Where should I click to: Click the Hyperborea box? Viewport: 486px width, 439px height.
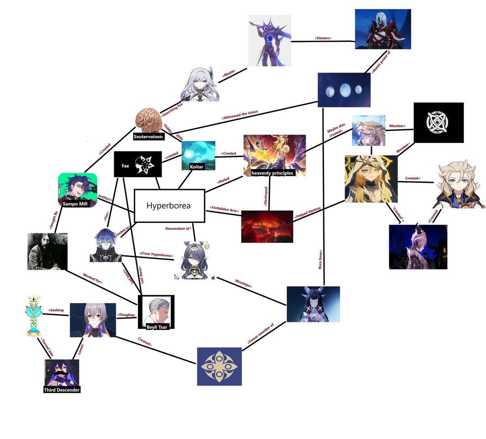click(168, 206)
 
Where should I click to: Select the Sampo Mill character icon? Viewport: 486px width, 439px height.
click(77, 189)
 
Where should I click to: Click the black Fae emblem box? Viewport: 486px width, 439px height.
click(138, 164)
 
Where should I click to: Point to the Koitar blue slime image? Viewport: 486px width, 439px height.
click(198, 155)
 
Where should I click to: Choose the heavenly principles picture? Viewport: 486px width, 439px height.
click(274, 156)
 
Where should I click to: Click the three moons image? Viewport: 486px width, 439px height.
click(344, 90)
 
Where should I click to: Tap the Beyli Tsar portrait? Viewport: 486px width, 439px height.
click(156, 311)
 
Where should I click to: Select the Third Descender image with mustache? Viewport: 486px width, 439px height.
click(62, 375)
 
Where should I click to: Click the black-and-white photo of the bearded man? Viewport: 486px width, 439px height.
click(47, 251)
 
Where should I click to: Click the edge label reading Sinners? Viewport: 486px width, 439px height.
click(322, 38)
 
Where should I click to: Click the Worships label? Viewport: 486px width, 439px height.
click(243, 283)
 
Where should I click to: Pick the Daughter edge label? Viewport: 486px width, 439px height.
click(126, 315)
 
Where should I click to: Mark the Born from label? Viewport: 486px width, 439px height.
click(320, 259)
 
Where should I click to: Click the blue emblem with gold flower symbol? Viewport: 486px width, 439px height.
click(219, 366)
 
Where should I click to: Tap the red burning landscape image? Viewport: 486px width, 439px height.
click(267, 226)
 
